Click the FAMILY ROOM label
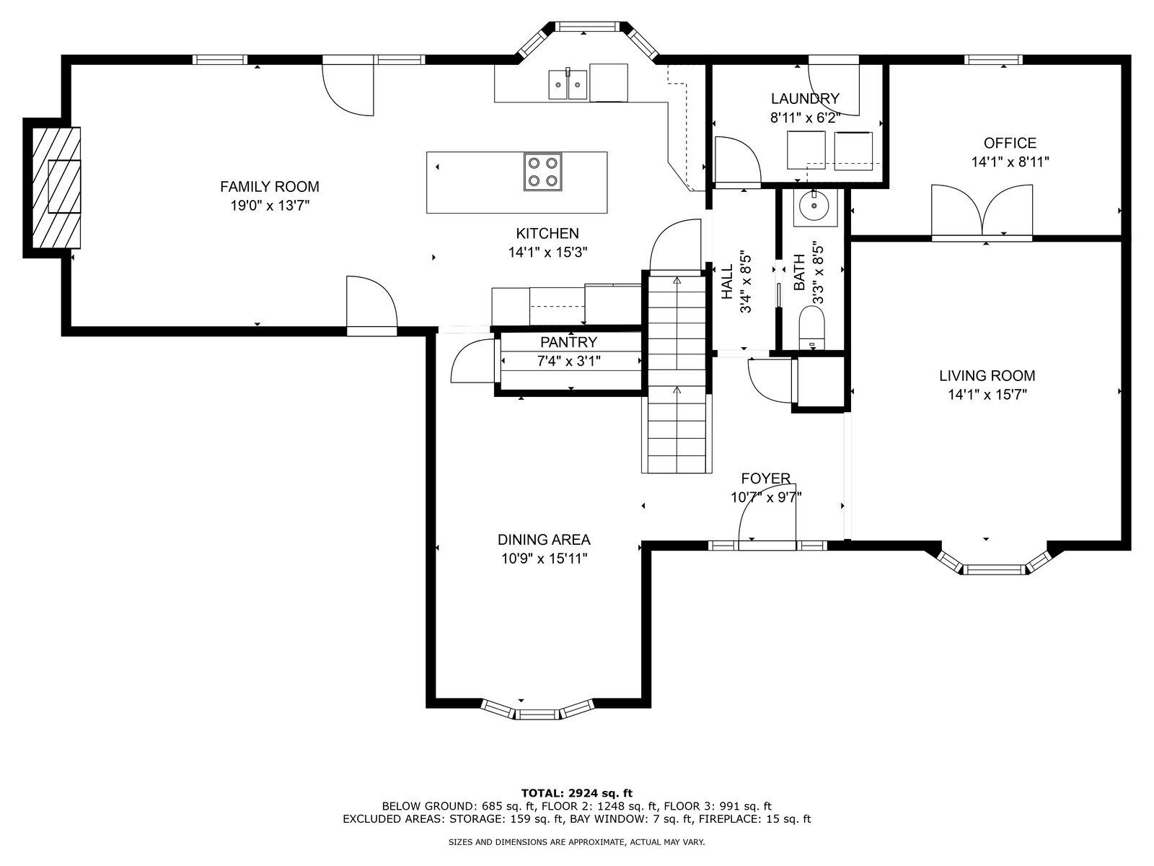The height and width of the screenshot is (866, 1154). [269, 187]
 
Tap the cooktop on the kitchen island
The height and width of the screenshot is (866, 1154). [542, 172]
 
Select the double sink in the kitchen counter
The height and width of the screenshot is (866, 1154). [568, 84]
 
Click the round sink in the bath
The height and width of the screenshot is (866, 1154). [814, 206]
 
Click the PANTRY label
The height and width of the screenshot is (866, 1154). [568, 342]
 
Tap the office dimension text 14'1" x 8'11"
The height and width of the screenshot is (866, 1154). [1010, 162]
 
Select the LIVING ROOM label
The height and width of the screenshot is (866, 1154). [987, 376]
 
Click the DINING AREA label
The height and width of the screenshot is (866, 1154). [544, 540]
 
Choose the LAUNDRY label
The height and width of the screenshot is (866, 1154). [805, 99]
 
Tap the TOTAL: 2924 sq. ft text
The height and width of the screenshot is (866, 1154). [577, 793]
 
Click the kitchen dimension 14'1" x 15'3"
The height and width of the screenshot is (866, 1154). [547, 253]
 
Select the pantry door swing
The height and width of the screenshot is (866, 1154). [473, 361]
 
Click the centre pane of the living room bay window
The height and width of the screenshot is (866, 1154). [994, 569]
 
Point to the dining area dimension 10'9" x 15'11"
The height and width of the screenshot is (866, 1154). [544, 559]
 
